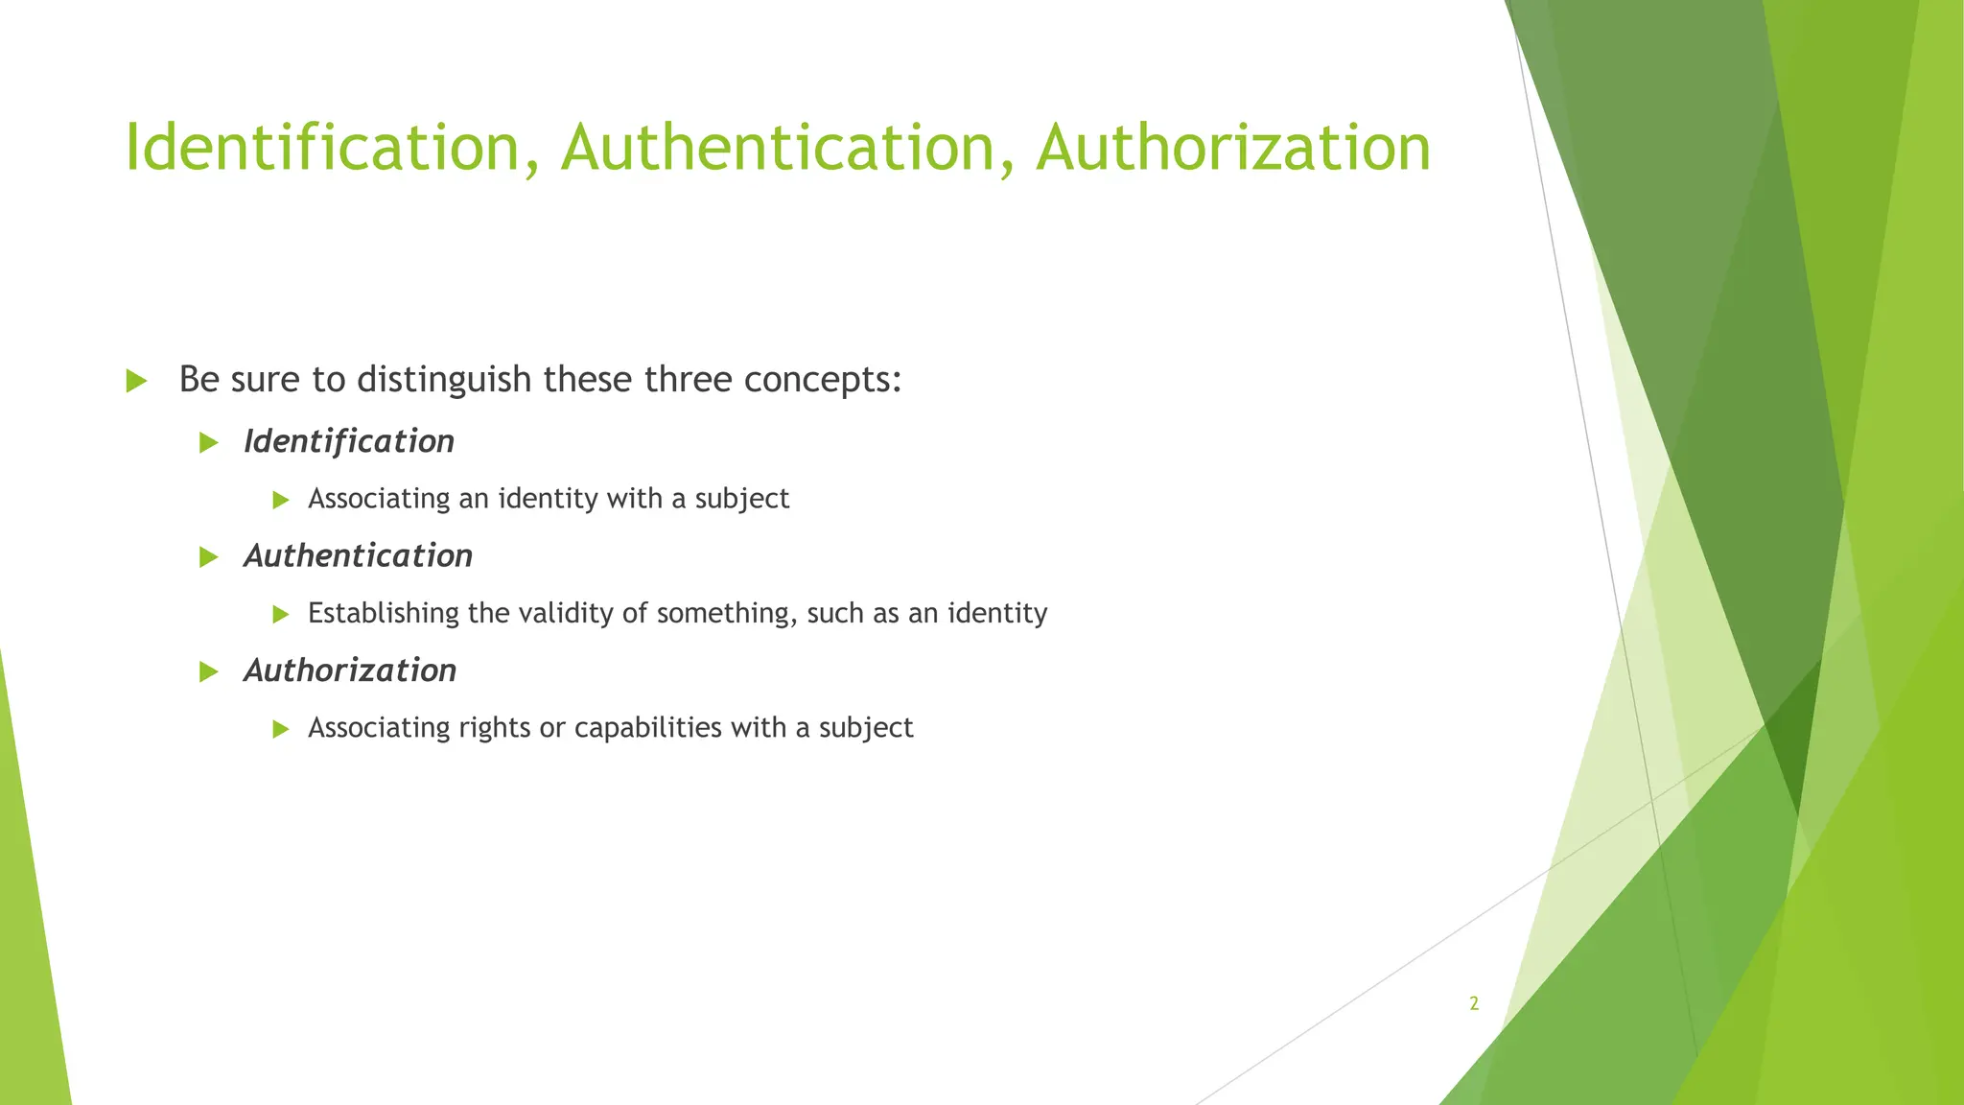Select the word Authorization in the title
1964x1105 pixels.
click(1233, 148)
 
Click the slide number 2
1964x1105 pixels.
click(1474, 1003)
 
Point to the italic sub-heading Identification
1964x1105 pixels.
click(349, 441)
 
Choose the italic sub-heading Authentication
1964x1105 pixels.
click(358, 555)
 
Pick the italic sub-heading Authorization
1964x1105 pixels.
click(350, 670)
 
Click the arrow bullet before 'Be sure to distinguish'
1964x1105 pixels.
click(136, 381)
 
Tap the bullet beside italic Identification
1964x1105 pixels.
click(209, 442)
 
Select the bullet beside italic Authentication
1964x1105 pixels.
click(209, 556)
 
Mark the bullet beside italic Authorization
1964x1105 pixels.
click(209, 671)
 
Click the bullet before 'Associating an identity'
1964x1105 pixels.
click(280, 500)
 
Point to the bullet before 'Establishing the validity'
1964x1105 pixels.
click(280, 614)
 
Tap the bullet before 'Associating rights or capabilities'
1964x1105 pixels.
click(280, 729)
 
